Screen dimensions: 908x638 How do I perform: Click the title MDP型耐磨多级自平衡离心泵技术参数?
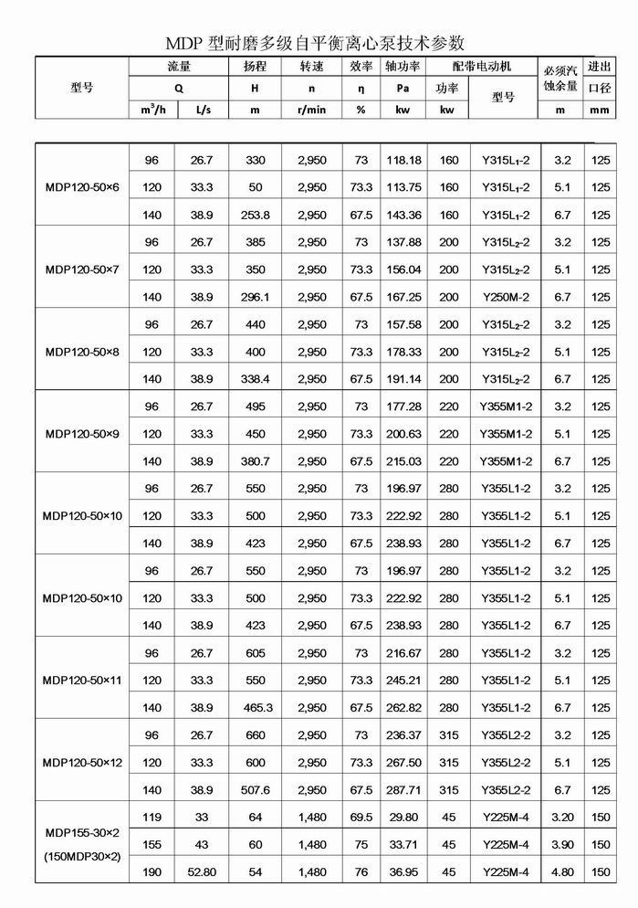(x=315, y=42)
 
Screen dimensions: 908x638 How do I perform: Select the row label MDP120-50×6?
(x=82, y=187)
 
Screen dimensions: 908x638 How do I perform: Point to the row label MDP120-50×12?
(x=82, y=762)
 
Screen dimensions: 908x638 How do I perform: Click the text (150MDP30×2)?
(x=82, y=858)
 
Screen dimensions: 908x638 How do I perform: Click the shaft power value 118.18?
(x=403, y=160)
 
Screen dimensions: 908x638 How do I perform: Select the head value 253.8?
(x=255, y=215)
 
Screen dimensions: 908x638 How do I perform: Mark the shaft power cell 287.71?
(x=403, y=789)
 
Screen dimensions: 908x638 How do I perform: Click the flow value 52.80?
(x=201, y=871)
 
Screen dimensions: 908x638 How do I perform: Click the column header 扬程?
(x=255, y=67)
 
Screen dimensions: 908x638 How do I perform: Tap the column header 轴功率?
(x=403, y=67)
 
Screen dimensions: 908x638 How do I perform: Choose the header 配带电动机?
(x=482, y=67)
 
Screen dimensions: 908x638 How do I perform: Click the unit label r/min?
(x=311, y=110)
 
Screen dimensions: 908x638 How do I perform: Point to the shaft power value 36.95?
(x=403, y=871)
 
